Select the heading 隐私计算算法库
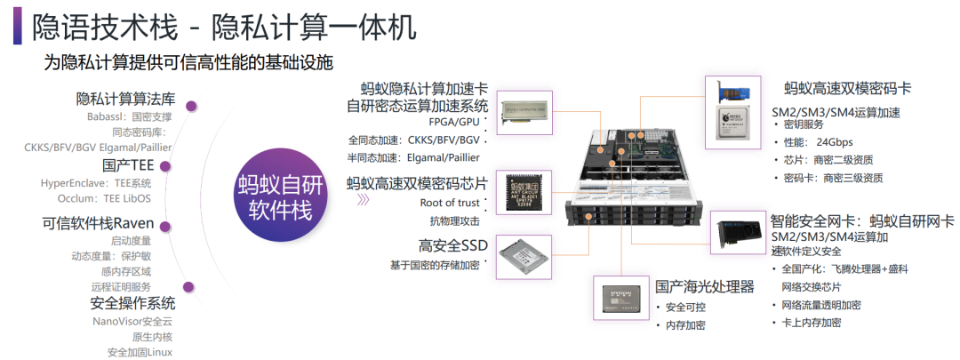tap(125, 99)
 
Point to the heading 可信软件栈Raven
tap(98, 222)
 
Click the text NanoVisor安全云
tap(132, 321)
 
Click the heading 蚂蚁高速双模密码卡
tap(847, 89)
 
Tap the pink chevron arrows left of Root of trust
tap(363, 201)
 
